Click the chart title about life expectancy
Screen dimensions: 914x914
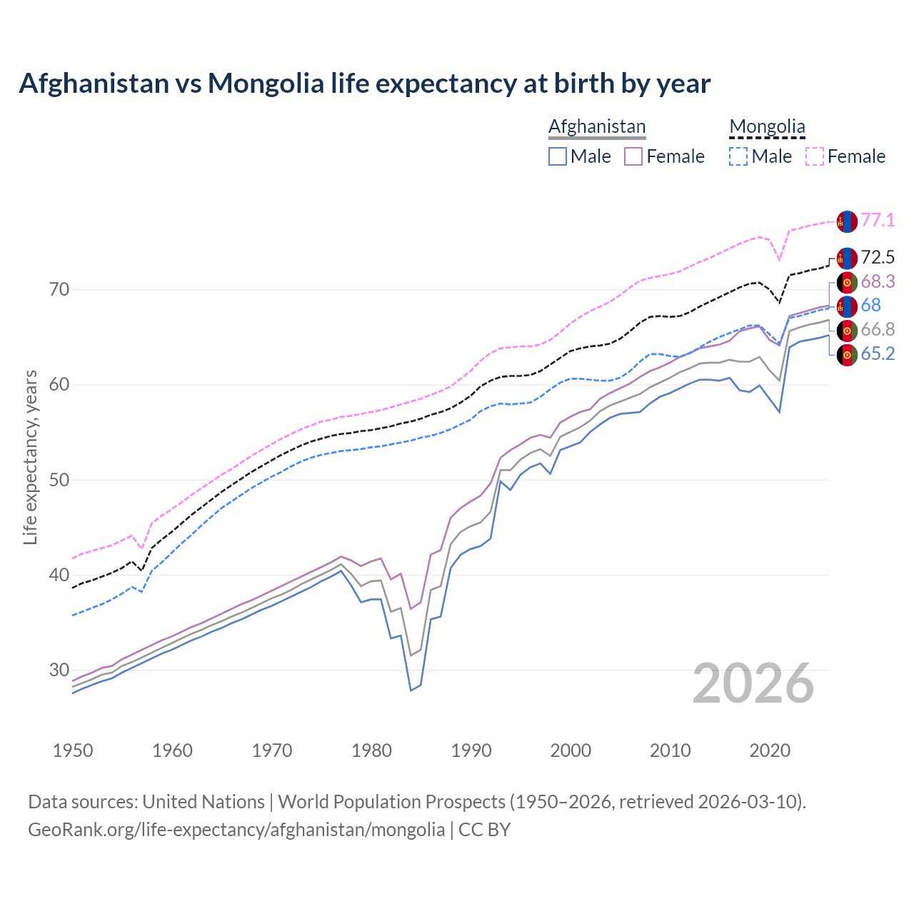click(364, 84)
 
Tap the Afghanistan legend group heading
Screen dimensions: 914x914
click(597, 126)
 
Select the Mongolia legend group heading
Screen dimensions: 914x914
click(767, 127)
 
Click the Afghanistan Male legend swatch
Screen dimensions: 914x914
click(558, 156)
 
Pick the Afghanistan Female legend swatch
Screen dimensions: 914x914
click(633, 156)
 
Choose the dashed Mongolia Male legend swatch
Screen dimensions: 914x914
click(738, 156)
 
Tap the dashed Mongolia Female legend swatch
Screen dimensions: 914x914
click(815, 156)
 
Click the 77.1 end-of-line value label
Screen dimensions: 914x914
click(878, 220)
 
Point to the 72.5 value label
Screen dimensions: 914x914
click(878, 257)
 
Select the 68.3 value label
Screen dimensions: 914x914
click(878, 281)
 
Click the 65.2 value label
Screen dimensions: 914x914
click(878, 353)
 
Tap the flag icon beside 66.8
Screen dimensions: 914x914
click(847, 331)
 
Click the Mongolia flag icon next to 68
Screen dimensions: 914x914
click(847, 306)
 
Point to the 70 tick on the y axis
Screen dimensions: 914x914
click(59, 289)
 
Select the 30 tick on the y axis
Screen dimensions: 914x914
click(59, 670)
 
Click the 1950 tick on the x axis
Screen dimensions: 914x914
click(73, 750)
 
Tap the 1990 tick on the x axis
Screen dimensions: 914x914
click(471, 750)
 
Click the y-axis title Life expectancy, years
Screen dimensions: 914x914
click(30, 457)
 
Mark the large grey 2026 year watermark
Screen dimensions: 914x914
click(753, 683)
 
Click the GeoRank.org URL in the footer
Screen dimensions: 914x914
click(236, 830)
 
